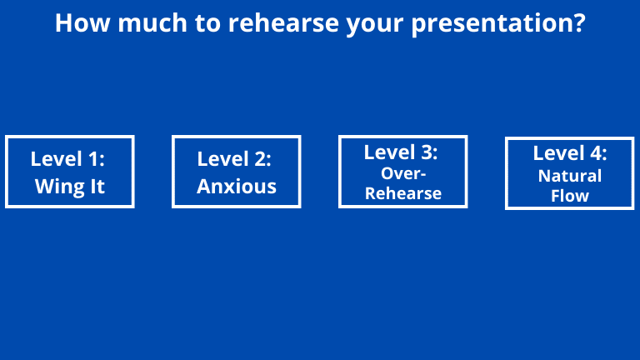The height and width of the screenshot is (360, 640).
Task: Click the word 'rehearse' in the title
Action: (283, 22)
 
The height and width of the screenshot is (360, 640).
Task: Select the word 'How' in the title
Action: (82, 22)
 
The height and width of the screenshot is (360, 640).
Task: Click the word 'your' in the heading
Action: (375, 26)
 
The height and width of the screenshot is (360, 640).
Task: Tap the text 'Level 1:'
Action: (67, 159)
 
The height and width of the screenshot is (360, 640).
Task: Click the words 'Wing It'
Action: (70, 187)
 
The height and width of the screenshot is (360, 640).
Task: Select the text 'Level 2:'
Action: (234, 159)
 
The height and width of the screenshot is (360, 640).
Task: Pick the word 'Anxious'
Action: (237, 187)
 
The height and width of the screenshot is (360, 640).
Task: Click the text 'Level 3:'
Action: (401, 152)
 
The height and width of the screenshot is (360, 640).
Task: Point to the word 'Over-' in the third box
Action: (403, 174)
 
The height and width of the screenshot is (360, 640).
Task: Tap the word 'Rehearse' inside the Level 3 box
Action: (403, 193)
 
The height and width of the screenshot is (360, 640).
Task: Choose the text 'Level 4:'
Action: (570, 153)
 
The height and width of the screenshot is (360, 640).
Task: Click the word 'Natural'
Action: (570, 177)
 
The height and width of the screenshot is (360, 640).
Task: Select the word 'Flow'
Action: (570, 196)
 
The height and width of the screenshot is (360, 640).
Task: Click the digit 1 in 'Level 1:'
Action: (94, 159)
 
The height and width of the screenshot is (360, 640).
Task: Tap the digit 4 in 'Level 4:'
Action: (596, 153)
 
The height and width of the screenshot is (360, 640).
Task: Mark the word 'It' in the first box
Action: (97, 187)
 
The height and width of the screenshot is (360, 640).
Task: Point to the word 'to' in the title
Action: (207, 23)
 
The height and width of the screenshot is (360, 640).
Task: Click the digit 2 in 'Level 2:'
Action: (260, 159)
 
